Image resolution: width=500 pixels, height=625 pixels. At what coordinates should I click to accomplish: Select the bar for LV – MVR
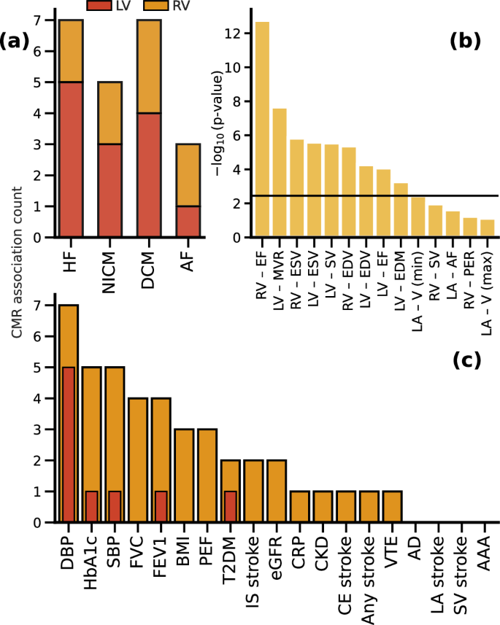click(x=280, y=173)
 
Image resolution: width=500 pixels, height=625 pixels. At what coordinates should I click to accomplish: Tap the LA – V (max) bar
click(x=487, y=228)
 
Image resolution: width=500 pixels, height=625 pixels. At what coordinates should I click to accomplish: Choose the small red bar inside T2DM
click(x=230, y=507)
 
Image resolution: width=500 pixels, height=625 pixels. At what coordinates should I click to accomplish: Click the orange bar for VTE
click(x=391, y=507)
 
